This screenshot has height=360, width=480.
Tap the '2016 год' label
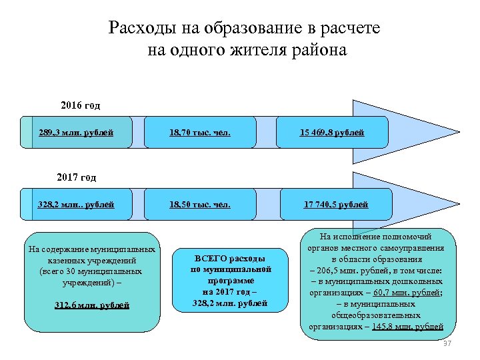click(81, 105)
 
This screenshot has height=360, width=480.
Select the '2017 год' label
click(77, 177)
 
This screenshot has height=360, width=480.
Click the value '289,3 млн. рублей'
click(77, 133)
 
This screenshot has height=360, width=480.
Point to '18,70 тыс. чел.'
click(200, 133)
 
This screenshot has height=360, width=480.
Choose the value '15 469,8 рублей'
click(331, 133)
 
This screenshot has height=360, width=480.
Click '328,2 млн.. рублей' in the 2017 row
click(77, 204)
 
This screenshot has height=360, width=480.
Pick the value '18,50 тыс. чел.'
click(200, 204)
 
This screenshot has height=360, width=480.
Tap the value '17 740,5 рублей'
click(335, 204)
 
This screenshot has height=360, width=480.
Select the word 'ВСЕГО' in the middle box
click(211, 258)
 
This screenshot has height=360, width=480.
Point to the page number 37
click(447, 343)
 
